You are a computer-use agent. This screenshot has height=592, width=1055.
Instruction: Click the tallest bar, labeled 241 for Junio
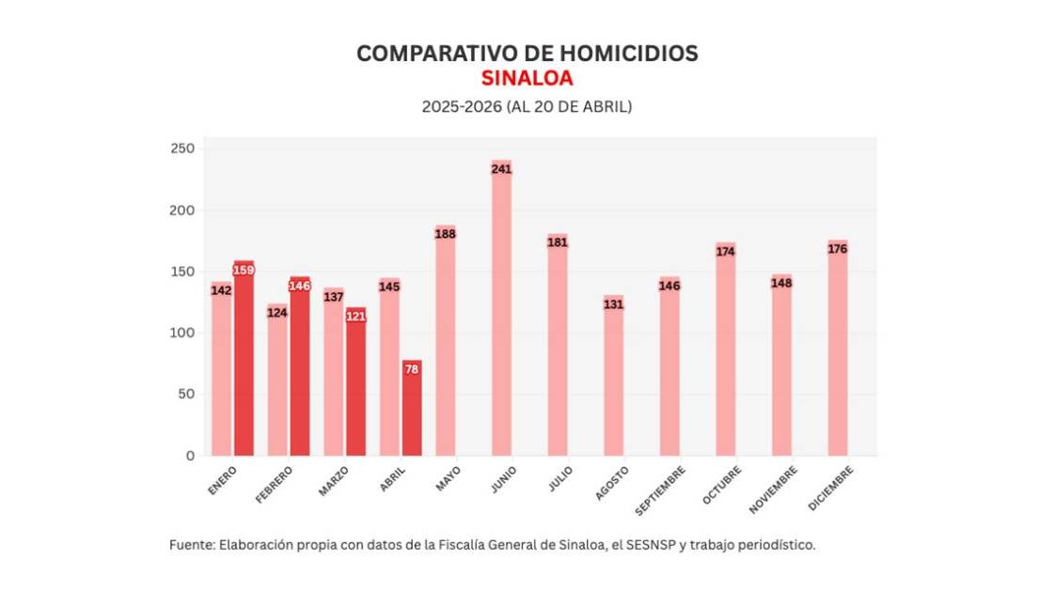501,310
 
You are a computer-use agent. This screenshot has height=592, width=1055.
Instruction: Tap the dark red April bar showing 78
412,409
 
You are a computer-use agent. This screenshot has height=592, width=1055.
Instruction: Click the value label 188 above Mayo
445,234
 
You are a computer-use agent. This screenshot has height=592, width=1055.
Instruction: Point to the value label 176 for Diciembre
838,249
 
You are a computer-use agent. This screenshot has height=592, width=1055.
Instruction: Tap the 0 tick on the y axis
190,456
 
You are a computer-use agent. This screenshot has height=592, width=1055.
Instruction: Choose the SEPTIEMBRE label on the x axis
659,490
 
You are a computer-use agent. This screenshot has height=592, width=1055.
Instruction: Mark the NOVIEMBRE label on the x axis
774,489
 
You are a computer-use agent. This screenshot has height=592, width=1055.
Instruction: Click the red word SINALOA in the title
527,77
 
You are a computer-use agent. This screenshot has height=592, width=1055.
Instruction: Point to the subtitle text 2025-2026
462,107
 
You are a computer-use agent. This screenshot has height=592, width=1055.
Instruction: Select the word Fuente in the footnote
191,545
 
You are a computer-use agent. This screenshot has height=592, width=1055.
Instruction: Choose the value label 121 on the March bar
355,317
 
